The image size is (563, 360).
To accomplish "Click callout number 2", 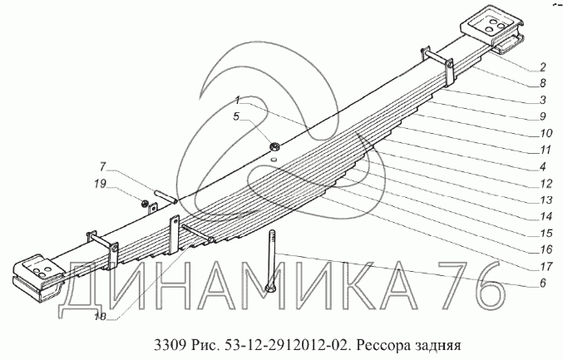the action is [x=542, y=67].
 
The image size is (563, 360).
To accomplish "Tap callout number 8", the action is [x=542, y=83].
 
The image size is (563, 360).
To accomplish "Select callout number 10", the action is [x=546, y=133].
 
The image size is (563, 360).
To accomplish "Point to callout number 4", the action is [x=542, y=166].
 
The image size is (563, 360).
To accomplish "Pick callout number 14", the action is [x=546, y=216].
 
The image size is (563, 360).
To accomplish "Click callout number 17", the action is [x=546, y=266].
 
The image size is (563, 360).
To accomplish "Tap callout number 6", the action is [x=542, y=283].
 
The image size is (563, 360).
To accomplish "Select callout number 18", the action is [x=100, y=317].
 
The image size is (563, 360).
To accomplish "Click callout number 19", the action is [x=100, y=184].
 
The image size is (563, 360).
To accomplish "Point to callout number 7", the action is [x=103, y=167].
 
